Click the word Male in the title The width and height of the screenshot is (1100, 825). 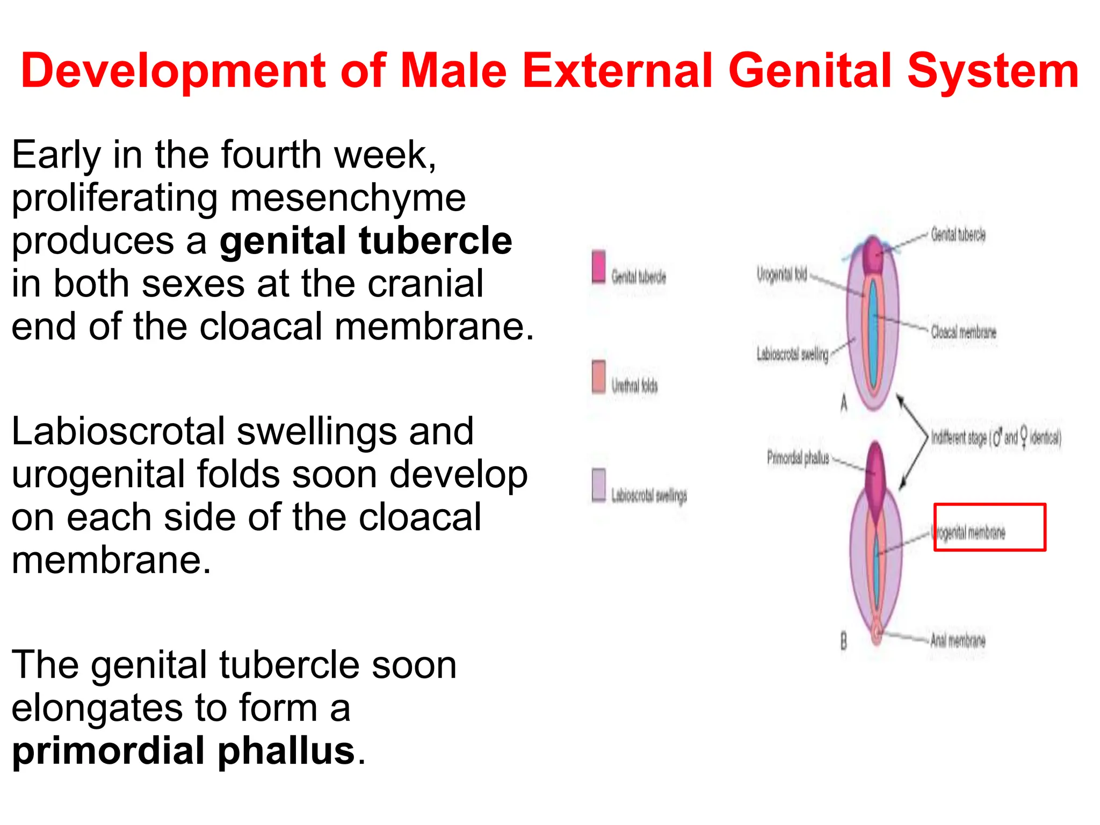(x=454, y=71)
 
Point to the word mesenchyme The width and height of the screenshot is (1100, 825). (x=348, y=198)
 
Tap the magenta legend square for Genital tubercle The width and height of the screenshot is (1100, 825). (x=598, y=266)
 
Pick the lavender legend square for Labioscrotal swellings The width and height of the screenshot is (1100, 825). (x=598, y=484)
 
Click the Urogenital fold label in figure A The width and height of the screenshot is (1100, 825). (x=781, y=274)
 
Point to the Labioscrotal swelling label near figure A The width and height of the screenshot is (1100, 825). (x=792, y=354)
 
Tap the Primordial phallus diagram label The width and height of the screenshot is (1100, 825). (x=798, y=458)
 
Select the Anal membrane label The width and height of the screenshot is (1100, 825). (x=958, y=640)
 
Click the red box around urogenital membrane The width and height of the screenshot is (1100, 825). (x=989, y=527)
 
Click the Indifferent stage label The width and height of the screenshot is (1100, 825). (x=995, y=437)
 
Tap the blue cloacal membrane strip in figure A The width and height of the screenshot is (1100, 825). (x=874, y=333)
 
